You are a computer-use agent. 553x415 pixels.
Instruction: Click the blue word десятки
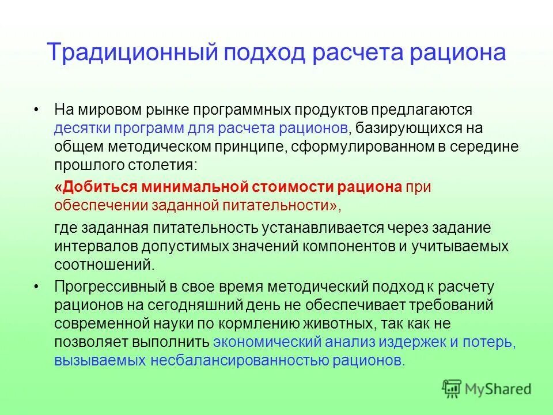pos(80,127)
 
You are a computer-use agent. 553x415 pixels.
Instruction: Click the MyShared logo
pos(486,388)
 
